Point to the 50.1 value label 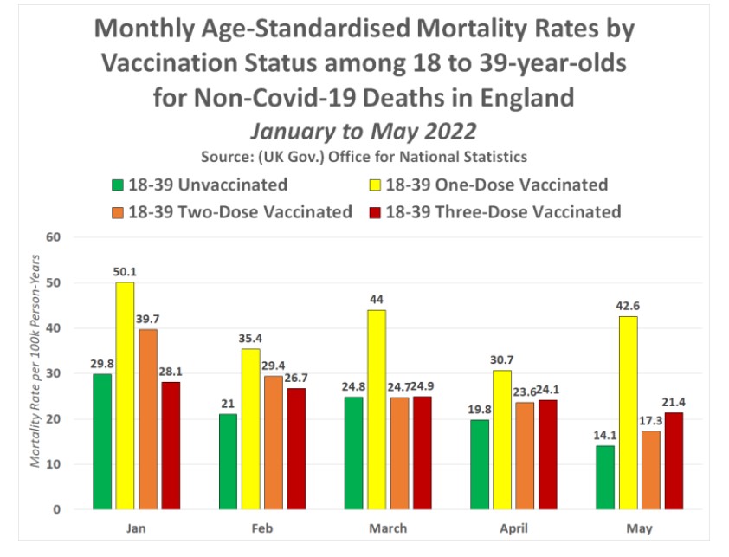click(126, 272)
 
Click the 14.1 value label click(605, 436)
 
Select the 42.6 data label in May click(629, 307)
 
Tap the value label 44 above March click(377, 301)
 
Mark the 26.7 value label click(296, 379)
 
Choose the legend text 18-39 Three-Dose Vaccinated click(503, 211)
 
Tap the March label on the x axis click(388, 528)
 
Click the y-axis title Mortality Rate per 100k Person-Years click(35, 372)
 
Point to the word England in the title click(522, 96)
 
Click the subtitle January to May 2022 click(364, 130)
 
